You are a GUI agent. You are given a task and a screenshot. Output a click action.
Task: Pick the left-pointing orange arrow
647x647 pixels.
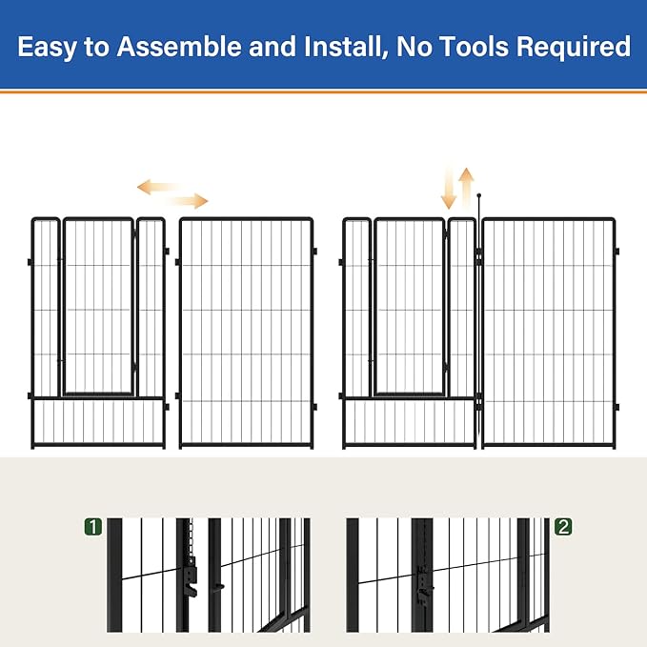(x=156, y=187)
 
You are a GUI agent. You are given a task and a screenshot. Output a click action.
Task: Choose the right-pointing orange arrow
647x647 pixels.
(x=188, y=200)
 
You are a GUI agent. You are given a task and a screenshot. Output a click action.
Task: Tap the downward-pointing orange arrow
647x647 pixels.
(x=449, y=190)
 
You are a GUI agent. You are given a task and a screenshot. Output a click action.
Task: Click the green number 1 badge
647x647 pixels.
(x=92, y=526)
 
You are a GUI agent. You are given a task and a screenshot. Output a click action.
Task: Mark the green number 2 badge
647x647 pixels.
(x=563, y=526)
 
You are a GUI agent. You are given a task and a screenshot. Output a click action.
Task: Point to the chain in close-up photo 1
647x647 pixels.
(x=192, y=537)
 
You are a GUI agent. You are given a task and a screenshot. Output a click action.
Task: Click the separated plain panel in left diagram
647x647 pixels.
(x=246, y=332)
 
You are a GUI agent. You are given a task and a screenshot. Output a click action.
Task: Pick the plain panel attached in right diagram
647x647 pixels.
(x=548, y=332)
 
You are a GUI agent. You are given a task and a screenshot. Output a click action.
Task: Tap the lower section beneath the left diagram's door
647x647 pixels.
(x=98, y=421)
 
